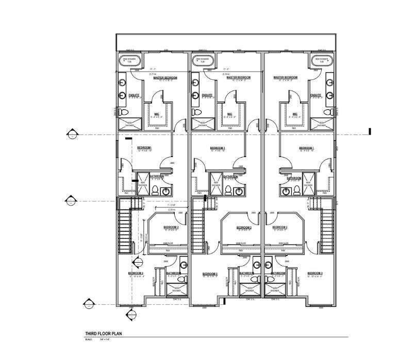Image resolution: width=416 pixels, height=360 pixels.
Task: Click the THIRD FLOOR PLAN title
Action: point(103,334)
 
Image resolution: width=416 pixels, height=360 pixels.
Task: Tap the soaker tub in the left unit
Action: point(128,61)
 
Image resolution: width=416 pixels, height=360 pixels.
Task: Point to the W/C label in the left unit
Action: point(157,114)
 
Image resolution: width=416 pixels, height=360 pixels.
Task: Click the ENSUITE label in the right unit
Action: point(316,95)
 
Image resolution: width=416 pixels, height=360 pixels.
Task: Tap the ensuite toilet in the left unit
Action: point(123,112)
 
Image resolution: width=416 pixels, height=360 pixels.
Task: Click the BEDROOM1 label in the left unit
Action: point(144,148)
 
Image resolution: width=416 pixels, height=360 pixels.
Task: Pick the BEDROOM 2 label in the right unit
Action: point(280,227)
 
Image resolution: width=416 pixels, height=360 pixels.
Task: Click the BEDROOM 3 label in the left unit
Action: point(136,273)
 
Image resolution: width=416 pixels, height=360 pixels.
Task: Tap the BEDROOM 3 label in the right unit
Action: point(314,273)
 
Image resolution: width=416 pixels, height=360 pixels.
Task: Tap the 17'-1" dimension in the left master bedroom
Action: point(153,69)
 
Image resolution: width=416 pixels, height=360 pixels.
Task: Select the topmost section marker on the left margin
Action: point(72,135)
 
